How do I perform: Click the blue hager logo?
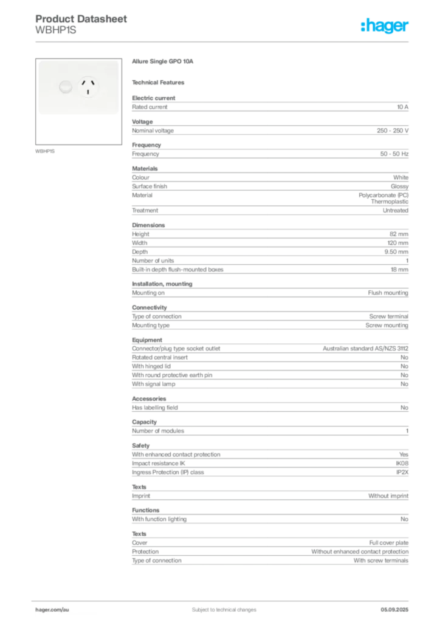[385, 26]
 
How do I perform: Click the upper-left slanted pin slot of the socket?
[84, 84]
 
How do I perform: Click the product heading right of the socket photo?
[162, 63]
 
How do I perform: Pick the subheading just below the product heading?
[160, 82]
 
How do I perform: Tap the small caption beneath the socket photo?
[46, 151]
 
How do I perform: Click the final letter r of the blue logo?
[408, 27]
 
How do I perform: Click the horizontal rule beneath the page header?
[224, 41]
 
